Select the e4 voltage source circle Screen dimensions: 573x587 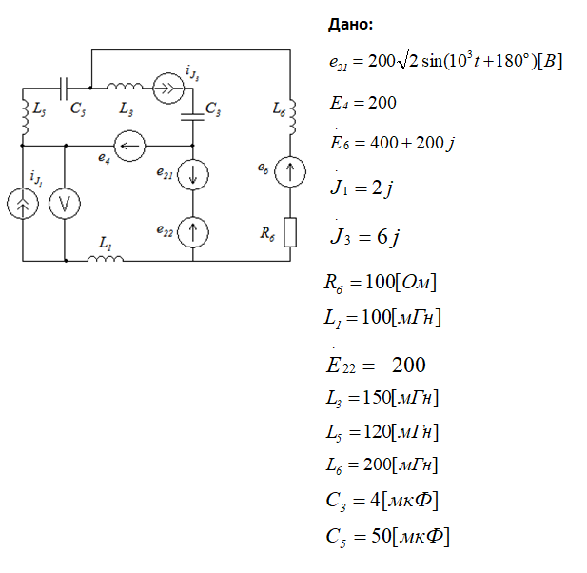[x=128, y=146]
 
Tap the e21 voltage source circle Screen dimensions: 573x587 [x=193, y=176]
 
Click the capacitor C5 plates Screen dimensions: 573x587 [x=63, y=89]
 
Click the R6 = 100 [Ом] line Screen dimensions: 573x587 [x=380, y=283]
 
